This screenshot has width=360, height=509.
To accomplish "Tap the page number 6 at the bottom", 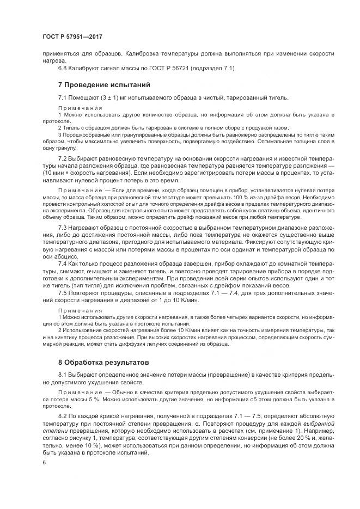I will pyautogui.click(x=44, y=462).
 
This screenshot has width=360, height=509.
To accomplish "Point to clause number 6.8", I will pyautogui.click(x=64, y=68).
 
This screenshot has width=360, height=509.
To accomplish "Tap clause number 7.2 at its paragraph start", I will pyautogui.click(x=64, y=158).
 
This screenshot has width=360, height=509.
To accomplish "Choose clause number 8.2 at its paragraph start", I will pyautogui.click(x=64, y=416).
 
